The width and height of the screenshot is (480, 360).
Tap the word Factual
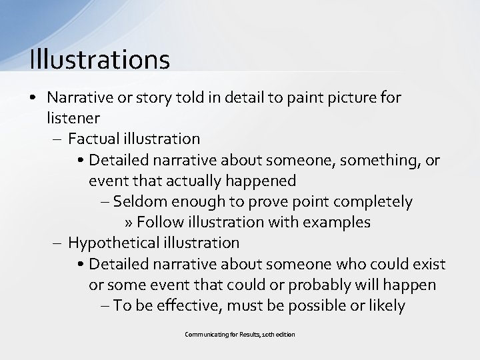92,139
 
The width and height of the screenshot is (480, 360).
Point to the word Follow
157,222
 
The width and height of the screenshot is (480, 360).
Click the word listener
73,118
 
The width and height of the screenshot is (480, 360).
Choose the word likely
385,305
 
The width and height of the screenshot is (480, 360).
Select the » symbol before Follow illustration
129,222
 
